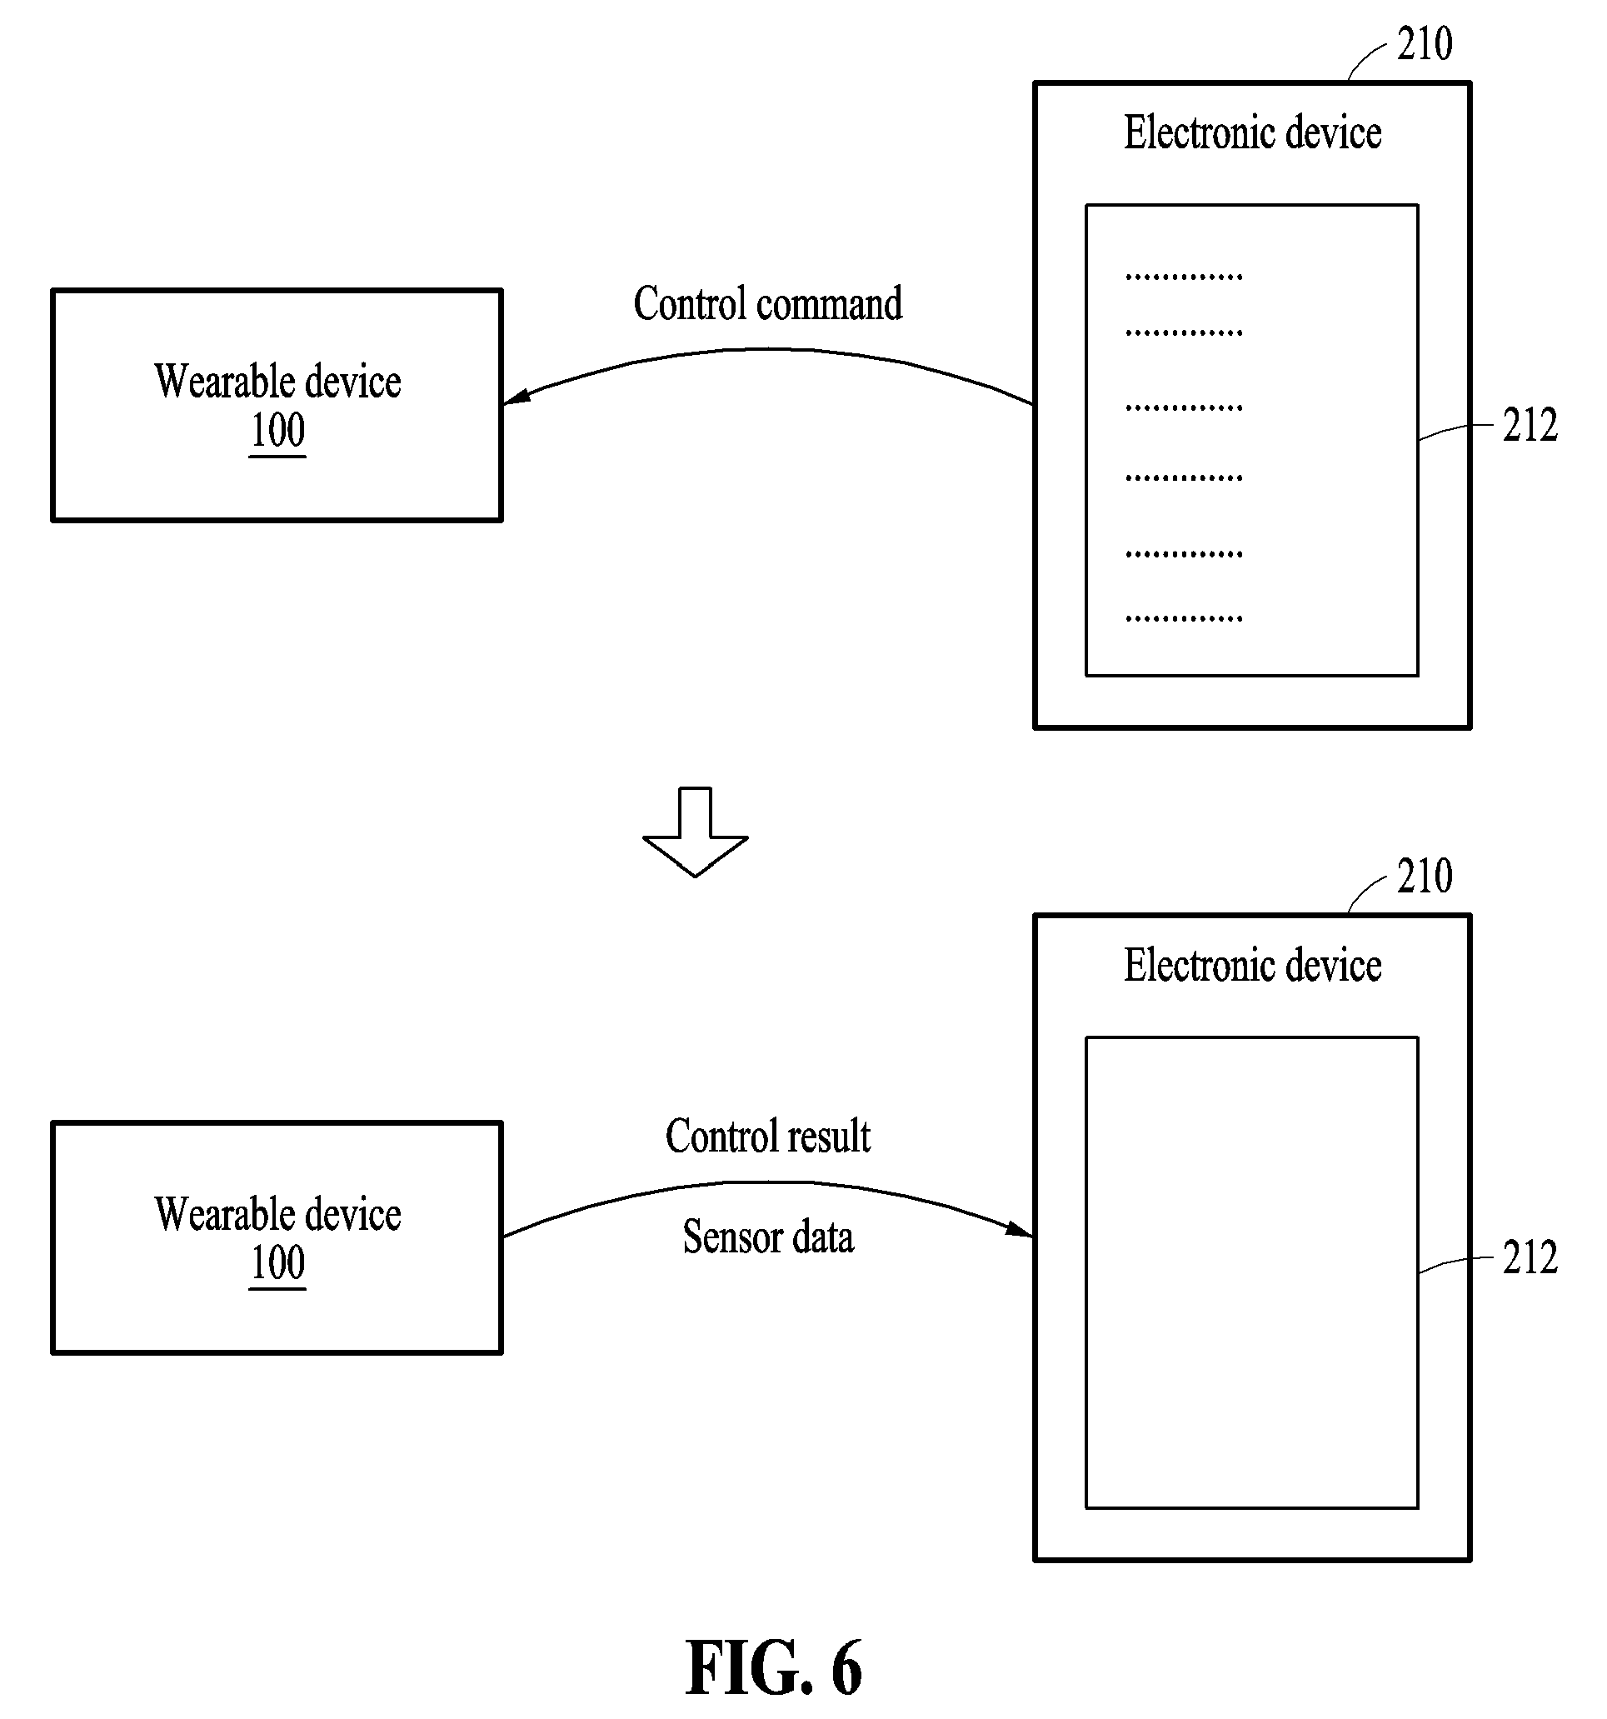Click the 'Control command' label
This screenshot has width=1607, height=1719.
coord(767,303)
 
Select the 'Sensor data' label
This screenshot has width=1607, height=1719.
coord(767,1237)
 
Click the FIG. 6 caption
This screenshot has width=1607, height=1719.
coord(774,1668)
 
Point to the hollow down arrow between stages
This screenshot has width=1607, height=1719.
coord(695,832)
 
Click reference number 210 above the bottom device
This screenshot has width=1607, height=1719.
coord(1425,876)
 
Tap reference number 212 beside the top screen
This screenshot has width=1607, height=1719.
coord(1530,425)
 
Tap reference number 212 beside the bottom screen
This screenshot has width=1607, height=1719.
coord(1530,1257)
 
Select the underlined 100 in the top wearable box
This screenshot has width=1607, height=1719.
coord(277,431)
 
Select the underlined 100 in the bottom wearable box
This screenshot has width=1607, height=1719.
coord(277,1263)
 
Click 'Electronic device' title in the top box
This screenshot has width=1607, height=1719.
coord(1253,133)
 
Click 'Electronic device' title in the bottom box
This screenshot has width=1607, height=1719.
coord(1253,965)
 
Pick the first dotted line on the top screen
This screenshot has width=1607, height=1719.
coord(1185,277)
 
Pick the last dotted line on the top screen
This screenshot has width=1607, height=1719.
coord(1185,618)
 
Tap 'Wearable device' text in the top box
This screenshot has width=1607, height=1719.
coord(277,382)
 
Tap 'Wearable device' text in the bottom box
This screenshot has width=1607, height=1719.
coord(277,1214)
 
